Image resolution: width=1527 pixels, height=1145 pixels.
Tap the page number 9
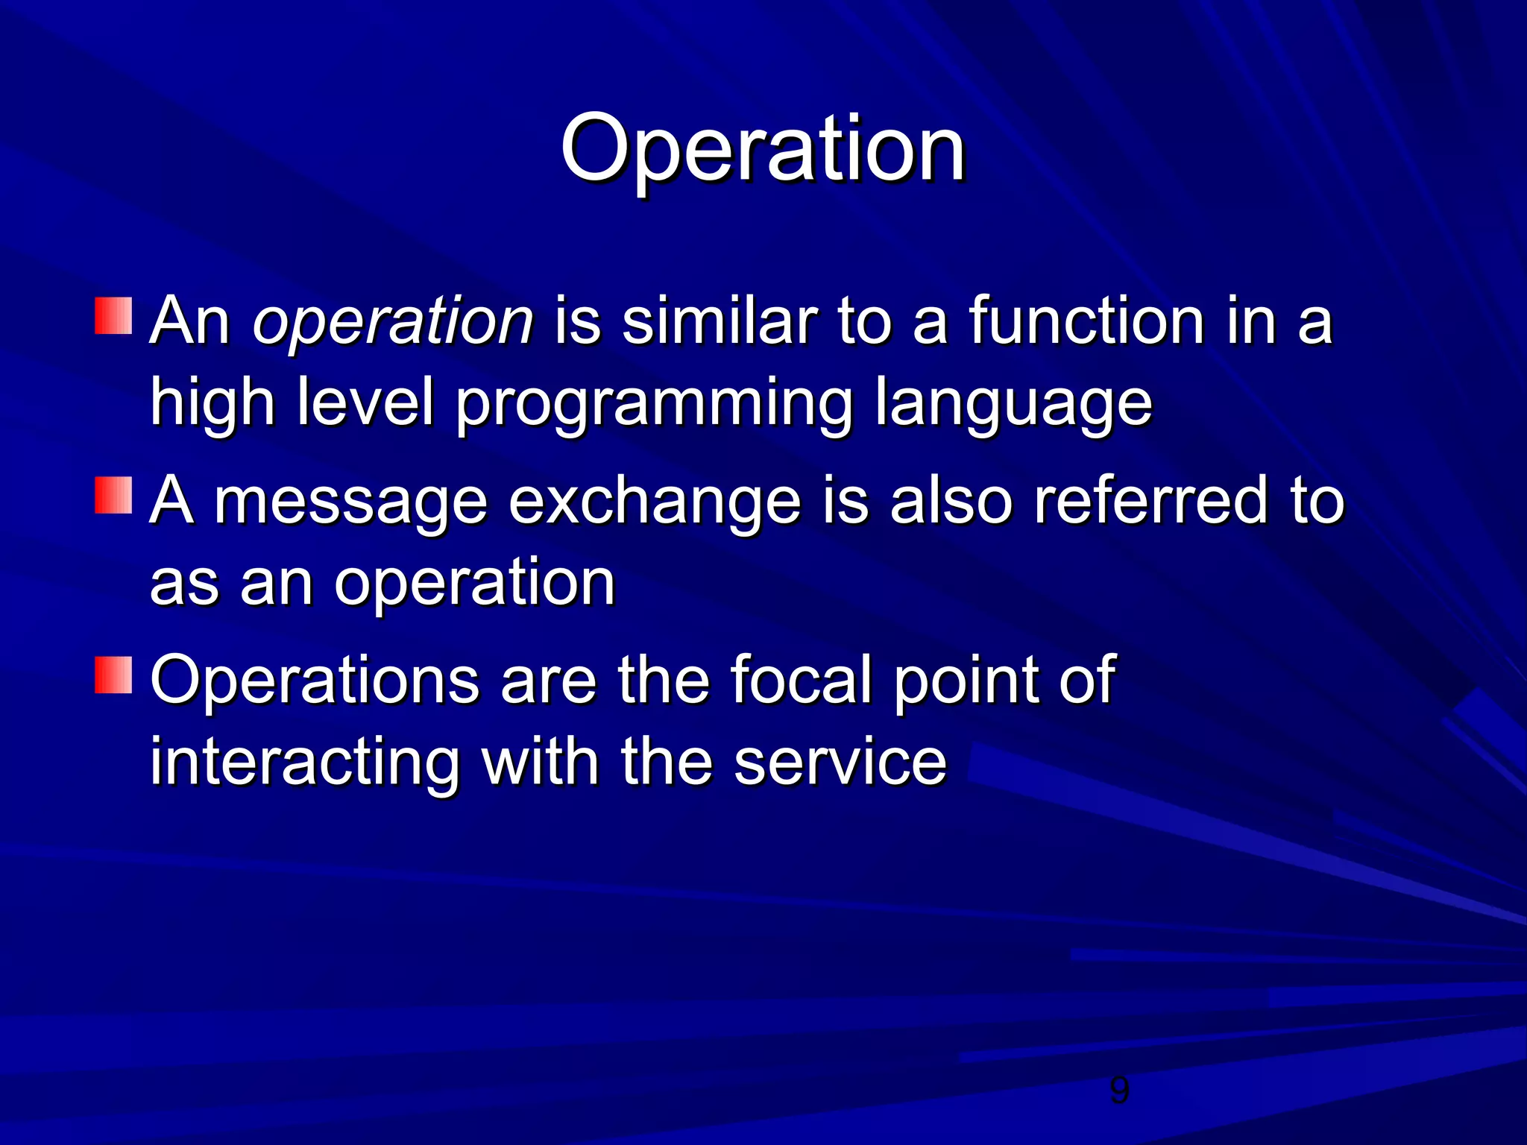click(1119, 1091)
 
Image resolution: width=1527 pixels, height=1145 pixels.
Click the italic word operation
click(393, 323)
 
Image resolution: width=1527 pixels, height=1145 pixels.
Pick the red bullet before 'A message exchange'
click(113, 495)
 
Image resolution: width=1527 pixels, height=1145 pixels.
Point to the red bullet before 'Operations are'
click(113, 675)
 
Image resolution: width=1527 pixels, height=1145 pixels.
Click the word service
click(840, 762)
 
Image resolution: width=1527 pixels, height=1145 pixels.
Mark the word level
click(365, 403)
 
